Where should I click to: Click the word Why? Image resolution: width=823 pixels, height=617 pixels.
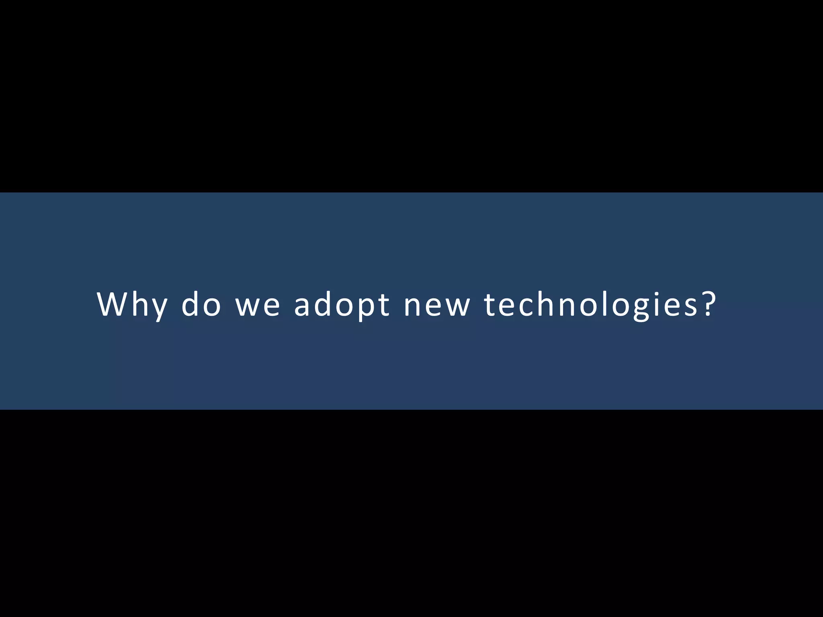click(132, 304)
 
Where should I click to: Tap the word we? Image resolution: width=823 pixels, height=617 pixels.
click(258, 304)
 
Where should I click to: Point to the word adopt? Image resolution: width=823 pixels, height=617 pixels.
click(342, 304)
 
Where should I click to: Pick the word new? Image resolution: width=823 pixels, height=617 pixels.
click(437, 304)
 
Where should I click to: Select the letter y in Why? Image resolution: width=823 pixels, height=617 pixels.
click(159, 308)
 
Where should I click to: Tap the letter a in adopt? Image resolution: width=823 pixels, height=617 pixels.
click(304, 306)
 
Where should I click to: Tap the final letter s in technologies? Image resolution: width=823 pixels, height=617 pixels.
click(692, 306)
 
